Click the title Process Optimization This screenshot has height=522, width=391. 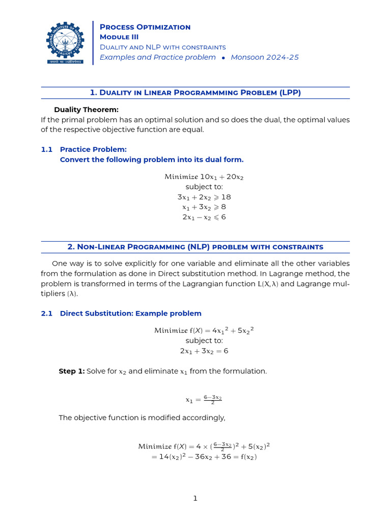tap(145, 27)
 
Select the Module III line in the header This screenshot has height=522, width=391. tap(119, 37)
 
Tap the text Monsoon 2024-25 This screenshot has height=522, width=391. tap(265, 57)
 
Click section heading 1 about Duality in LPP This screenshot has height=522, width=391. tap(195, 92)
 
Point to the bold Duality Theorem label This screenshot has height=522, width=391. tap(86, 110)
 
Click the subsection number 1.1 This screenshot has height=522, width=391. tap(47, 149)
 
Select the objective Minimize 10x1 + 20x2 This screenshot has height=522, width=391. tap(204, 177)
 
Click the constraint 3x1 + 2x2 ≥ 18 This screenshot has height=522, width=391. tap(204, 197)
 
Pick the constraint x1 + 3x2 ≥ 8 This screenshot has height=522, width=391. tap(204, 207)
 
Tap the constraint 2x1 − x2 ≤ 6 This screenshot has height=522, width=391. tap(204, 217)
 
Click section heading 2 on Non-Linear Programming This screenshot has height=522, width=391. tap(195, 247)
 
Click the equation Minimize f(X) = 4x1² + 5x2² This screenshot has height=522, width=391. tap(204, 330)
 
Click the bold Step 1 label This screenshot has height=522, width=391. tap(71, 371)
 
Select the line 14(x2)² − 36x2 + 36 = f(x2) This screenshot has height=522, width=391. tap(204, 457)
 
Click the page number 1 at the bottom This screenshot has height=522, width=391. tap(195, 498)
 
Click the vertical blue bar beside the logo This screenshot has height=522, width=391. tap(93, 43)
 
